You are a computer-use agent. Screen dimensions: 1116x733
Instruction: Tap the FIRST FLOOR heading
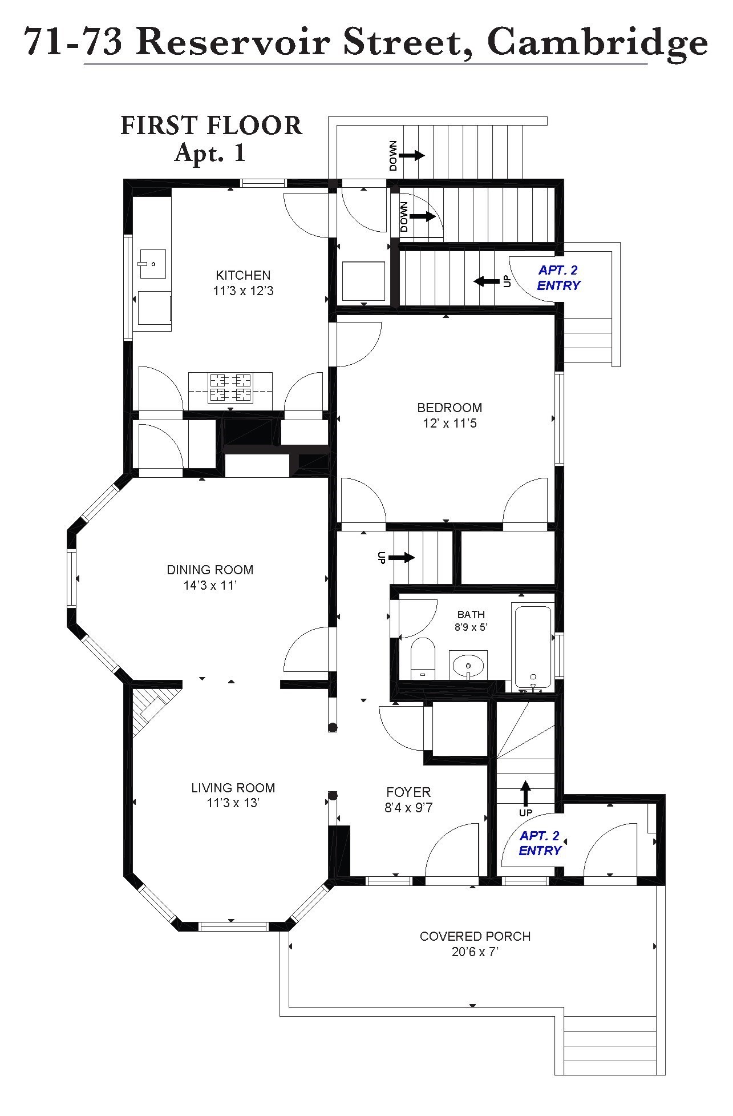tap(211, 126)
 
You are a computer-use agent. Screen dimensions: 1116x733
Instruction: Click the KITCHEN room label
tap(243, 275)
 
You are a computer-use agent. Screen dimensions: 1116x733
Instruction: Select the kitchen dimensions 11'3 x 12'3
tap(243, 291)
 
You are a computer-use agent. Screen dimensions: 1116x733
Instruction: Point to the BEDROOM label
tap(449, 408)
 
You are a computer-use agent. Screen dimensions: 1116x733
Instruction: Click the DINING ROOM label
tap(210, 570)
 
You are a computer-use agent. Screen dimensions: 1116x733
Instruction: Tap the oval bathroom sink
tap(468, 665)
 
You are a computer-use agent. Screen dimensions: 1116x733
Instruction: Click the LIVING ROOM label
tap(233, 788)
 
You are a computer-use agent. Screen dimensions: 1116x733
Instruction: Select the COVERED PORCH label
tap(475, 937)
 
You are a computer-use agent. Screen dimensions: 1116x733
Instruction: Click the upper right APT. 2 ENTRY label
tap(558, 278)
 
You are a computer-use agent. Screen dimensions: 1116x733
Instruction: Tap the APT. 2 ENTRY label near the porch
tap(540, 843)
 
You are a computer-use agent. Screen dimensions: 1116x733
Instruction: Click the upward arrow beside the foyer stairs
tap(525, 793)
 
